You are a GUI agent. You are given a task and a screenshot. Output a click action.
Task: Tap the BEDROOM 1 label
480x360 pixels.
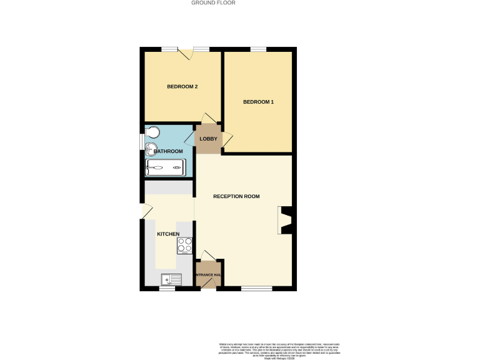pos(258,102)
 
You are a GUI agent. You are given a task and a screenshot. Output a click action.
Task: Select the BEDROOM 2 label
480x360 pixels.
pos(182,87)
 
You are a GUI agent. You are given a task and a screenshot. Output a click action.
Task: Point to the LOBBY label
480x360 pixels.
pos(208,139)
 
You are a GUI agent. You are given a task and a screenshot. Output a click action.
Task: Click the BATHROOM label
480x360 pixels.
pos(168,151)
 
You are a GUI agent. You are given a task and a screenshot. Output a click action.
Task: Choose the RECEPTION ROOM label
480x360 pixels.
pos(236,196)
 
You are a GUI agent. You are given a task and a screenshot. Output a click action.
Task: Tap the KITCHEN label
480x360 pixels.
pos(168,234)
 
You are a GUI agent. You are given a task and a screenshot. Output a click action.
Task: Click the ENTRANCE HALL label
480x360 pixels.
pos(208,275)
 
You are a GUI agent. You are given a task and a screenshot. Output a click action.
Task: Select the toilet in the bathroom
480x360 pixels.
pos(153,132)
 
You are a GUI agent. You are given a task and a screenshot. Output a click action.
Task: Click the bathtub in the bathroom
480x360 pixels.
pos(166,167)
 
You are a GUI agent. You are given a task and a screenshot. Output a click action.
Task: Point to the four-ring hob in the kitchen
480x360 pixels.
pos(184,246)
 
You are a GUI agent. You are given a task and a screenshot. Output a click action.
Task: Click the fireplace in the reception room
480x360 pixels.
pos(285,221)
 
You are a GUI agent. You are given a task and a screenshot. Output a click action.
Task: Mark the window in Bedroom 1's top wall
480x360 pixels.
pos(258,49)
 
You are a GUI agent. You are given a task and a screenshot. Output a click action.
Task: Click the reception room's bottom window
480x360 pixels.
pos(256,288)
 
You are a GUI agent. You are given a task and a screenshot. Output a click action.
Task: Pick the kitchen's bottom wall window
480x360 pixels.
pos(166,289)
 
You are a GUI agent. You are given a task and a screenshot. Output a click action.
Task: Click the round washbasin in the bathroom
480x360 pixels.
pos(151,149)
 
